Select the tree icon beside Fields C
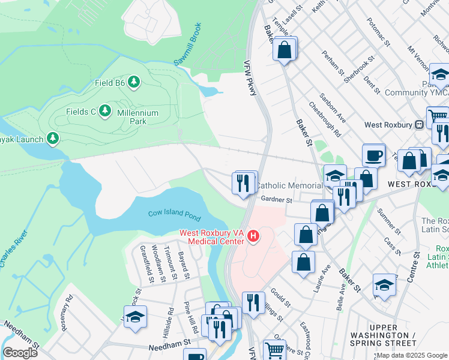coord(106,111)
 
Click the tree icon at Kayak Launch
coord(53,139)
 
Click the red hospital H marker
coord(253,237)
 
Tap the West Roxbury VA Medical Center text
coord(212,237)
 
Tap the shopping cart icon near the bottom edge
coord(274,350)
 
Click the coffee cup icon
coord(375,157)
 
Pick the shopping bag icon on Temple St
coord(285,49)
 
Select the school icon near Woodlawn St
coord(135,317)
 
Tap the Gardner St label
coord(276,199)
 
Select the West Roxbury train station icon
coord(420,125)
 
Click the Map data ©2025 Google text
coord(412,355)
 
